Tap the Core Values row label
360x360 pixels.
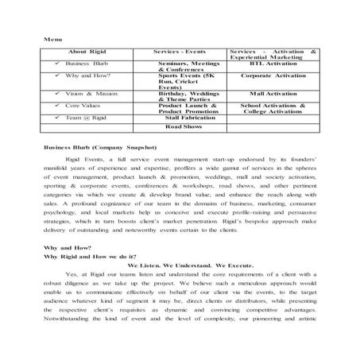click(83, 105)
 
